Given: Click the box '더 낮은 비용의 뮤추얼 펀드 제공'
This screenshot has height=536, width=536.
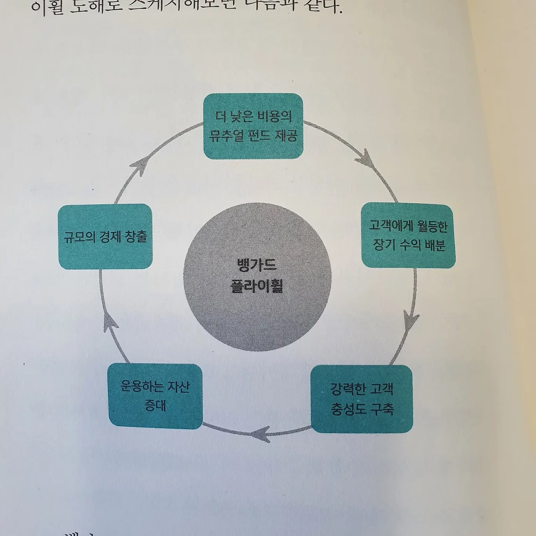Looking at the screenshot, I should pyautogui.click(x=253, y=126).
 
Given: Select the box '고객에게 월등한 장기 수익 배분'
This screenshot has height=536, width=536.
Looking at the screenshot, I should pyautogui.click(x=408, y=235).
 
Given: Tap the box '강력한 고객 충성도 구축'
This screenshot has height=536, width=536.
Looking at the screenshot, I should pyautogui.click(x=362, y=399).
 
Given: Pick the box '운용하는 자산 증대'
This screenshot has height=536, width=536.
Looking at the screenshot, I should pyautogui.click(x=155, y=396).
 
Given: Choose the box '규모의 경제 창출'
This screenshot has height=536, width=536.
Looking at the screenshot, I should pyautogui.click(x=105, y=237).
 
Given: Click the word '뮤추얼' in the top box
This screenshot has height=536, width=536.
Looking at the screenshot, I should pyautogui.click(x=227, y=136).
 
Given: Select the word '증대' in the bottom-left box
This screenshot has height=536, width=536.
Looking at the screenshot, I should pyautogui.click(x=155, y=405).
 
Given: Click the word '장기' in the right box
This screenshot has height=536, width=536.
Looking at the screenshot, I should pyautogui.click(x=382, y=245).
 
